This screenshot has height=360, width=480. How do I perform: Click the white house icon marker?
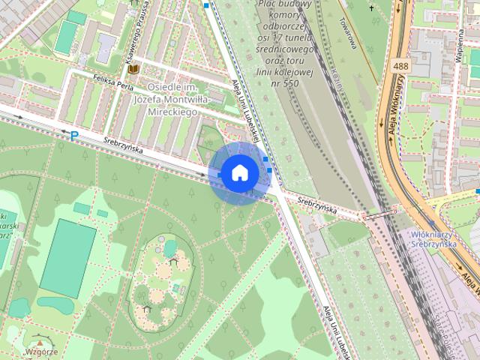click(239, 172)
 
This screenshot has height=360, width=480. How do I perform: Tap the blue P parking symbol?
click(73, 136)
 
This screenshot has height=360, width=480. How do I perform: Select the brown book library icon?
click(133, 69)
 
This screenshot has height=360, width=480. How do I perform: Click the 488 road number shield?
click(399, 67)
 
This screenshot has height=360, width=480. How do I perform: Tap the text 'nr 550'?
click(282, 82)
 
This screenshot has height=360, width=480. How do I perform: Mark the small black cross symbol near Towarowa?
click(371, 8)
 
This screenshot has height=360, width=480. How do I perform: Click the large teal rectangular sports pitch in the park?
click(67, 257)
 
